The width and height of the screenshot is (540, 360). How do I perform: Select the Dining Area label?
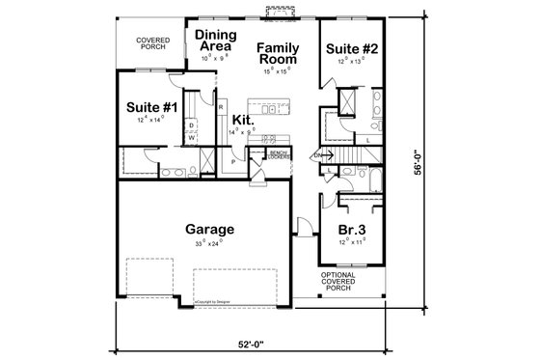pyautogui.click(x=216, y=40)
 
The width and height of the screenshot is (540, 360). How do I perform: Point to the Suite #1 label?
pyautogui.click(x=148, y=107)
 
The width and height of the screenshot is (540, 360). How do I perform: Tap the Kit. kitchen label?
pyautogui.click(x=242, y=118)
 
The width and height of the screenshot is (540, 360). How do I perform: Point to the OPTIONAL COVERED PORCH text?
pyautogui.click(x=349, y=281)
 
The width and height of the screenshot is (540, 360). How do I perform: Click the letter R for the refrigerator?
pyautogui.click(x=221, y=106)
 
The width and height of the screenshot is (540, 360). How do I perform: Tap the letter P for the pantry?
pyautogui.click(x=233, y=163)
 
